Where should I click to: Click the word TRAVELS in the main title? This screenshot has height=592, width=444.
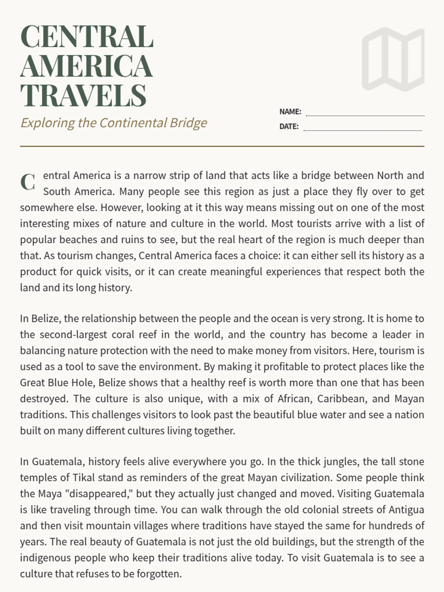pyautogui.click(x=83, y=95)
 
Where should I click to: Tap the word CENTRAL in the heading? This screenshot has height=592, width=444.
pyautogui.click(x=87, y=37)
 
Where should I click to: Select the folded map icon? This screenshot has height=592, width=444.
pyautogui.click(x=393, y=59)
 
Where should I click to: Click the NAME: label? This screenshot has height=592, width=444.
pyautogui.click(x=290, y=112)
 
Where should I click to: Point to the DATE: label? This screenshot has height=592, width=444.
pyautogui.click(x=289, y=127)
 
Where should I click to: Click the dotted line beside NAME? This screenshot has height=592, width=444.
pyautogui.click(x=365, y=115)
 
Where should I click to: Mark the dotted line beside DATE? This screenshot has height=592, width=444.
pyautogui.click(x=363, y=130)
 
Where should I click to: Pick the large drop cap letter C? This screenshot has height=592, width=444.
pyautogui.click(x=28, y=182)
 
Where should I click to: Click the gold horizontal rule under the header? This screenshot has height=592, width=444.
pyautogui.click(x=222, y=147)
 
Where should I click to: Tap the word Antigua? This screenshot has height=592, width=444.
pyautogui.click(x=406, y=510)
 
